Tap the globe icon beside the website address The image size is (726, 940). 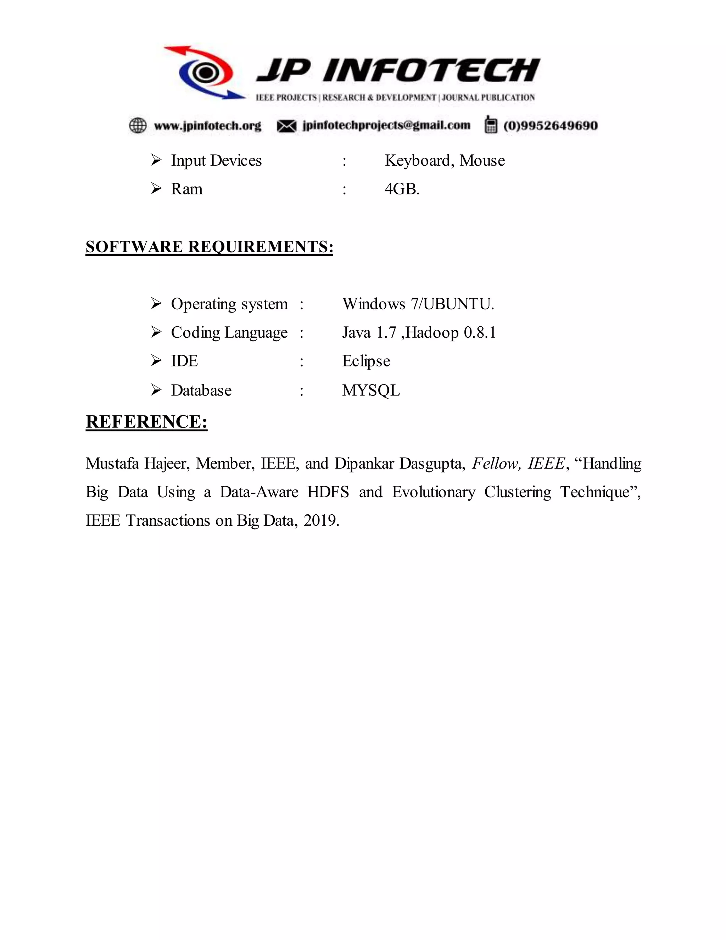[138, 126]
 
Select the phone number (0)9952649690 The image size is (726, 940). [551, 126]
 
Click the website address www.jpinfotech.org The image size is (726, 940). [208, 126]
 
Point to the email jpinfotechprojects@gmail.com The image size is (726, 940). [386, 125]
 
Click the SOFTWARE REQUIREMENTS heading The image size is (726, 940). [210, 247]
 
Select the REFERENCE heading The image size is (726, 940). [147, 421]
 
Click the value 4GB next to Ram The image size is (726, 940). [402, 189]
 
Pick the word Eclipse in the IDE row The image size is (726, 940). [366, 361]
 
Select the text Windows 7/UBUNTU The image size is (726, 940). [418, 304]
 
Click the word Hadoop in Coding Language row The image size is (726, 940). [432, 333]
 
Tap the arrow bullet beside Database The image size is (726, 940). [156, 390]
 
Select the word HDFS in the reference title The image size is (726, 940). [328, 492]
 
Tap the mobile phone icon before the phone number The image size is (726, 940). [491, 125]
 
